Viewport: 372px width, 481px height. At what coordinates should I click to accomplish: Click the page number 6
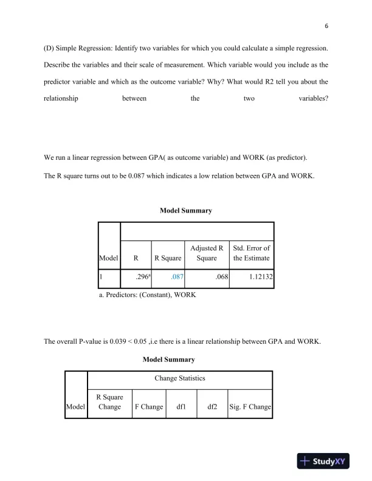326,26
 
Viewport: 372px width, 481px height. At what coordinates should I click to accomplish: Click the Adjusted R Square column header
207,253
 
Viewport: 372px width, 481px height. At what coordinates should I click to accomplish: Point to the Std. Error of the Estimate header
252,253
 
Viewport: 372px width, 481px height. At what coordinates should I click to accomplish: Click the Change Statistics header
180,378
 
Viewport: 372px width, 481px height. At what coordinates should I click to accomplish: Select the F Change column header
148,407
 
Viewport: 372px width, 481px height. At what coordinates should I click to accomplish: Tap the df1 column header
181,407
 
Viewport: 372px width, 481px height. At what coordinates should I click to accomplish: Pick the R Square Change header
109,402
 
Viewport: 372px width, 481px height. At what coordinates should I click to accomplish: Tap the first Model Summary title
185,211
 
